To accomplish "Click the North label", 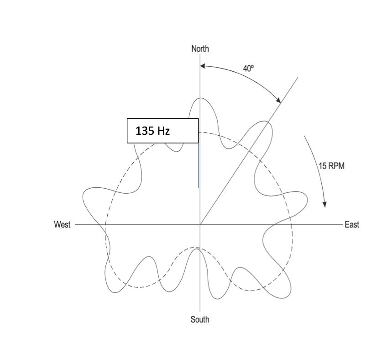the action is [200, 48].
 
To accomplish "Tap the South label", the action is [200, 319].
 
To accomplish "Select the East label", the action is [352, 225].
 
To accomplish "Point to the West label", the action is [62, 224].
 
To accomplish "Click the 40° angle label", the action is [249, 68].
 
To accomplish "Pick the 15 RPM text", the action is [331, 166].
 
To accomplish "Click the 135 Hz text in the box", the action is [152, 131].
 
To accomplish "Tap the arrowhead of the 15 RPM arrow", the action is [324, 204].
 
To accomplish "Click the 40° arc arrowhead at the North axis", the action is [203, 66].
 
